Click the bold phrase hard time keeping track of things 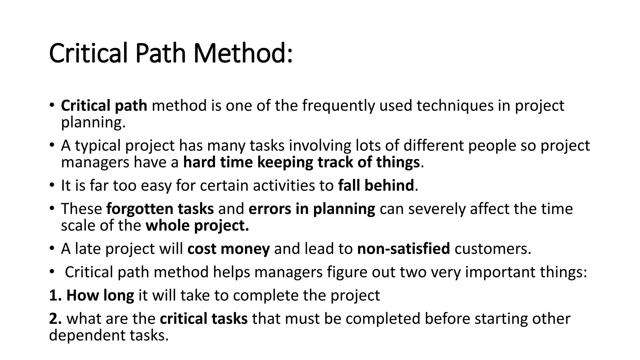[x=301, y=162]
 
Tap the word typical [x=98, y=146]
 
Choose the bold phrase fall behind [x=376, y=185]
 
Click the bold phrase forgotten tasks [x=160, y=209]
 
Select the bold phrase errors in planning [x=312, y=209]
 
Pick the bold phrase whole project [x=197, y=226]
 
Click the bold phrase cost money [x=228, y=249]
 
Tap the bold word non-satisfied [x=403, y=249]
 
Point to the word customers [x=492, y=249]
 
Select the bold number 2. [x=55, y=319]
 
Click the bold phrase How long [x=100, y=295]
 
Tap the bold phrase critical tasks [x=204, y=319]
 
